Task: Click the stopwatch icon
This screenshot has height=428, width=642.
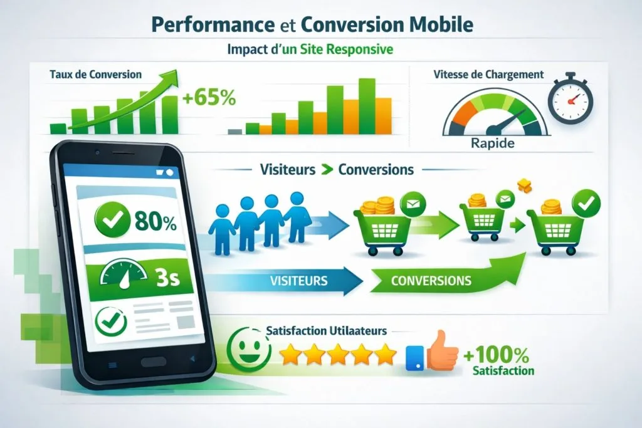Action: (x=570, y=99)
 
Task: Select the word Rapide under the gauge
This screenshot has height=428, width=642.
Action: (x=492, y=144)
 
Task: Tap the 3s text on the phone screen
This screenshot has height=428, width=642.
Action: (x=166, y=276)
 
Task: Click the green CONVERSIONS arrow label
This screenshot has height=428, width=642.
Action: (x=431, y=279)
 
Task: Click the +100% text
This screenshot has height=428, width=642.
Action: (x=497, y=355)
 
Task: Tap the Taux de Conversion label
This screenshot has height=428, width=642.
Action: (x=95, y=75)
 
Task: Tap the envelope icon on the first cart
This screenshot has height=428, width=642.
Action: (x=412, y=204)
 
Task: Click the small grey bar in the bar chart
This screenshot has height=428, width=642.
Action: (x=234, y=132)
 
